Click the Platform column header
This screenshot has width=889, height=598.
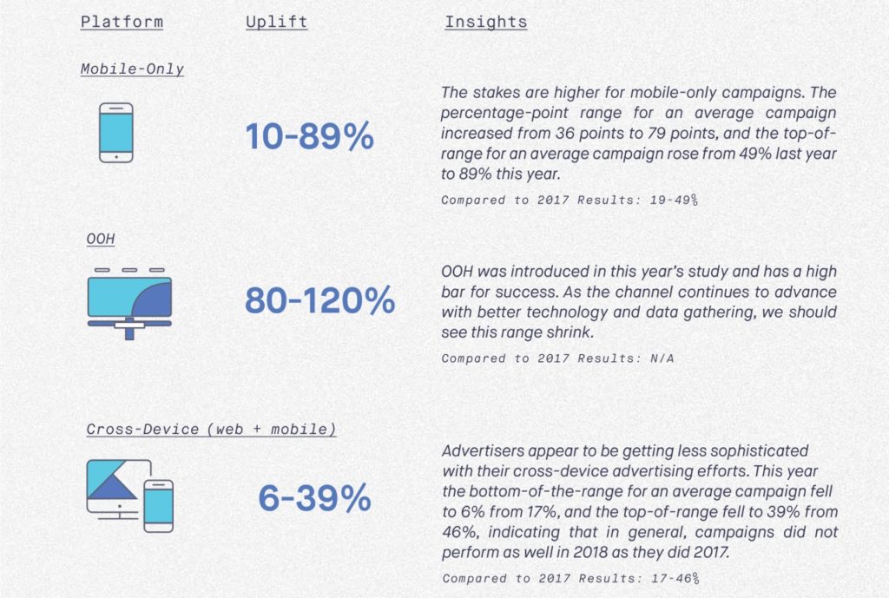point(121,21)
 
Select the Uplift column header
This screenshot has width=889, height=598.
point(276,21)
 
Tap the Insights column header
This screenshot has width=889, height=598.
point(485,21)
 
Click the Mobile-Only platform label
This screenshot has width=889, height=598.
point(132,69)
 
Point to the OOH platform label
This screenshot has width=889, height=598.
point(101,238)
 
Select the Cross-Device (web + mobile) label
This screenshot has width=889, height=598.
point(211,429)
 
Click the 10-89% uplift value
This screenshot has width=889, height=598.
point(309,136)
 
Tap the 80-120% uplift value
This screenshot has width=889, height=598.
point(319,300)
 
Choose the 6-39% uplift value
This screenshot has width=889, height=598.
point(314,498)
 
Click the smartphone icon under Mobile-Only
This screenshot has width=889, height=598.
point(115,133)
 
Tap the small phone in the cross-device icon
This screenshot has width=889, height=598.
point(158,505)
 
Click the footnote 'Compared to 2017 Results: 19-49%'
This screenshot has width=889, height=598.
point(570,200)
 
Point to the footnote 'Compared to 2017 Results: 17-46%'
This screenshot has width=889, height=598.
point(570,577)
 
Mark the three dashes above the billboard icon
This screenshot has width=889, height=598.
point(128,270)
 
